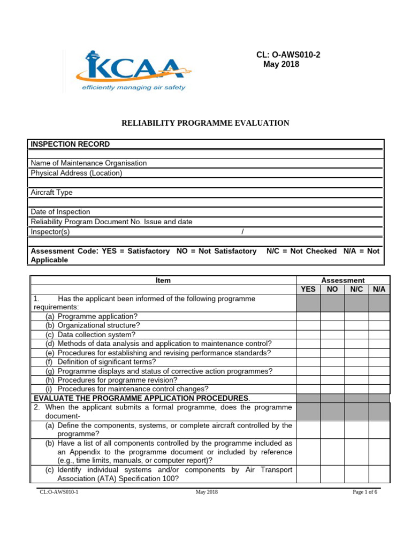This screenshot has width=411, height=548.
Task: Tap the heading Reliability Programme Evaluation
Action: click(206, 123)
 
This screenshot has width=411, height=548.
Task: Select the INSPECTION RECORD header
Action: click(70, 144)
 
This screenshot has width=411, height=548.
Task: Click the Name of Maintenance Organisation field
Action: click(89, 163)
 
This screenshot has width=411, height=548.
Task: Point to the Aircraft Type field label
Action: click(51, 192)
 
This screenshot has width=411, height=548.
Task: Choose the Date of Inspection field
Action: click(60, 212)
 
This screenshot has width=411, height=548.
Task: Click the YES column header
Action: click(308, 290)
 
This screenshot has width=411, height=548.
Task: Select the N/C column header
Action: click(356, 290)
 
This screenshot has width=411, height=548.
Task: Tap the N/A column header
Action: click(379, 290)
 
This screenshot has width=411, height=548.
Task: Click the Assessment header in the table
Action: click(342, 280)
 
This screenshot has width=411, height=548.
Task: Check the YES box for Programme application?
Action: click(308, 316)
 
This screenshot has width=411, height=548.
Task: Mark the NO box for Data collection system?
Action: click(332, 334)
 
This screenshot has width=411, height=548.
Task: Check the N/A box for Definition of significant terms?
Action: click(379, 362)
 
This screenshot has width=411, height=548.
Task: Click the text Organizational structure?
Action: click(98, 325)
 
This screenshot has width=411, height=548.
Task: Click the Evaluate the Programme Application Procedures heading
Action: click(142, 398)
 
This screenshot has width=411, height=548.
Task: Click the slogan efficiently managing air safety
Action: click(133, 88)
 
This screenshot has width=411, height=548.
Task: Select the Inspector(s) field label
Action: click(50, 232)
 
